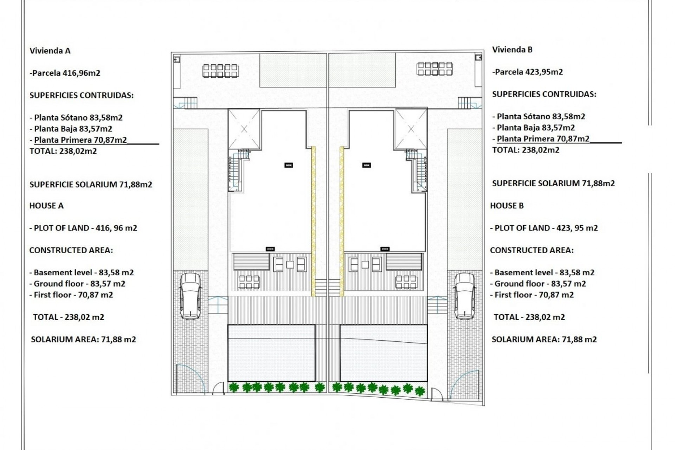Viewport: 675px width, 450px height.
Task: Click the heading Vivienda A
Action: pyautogui.click(x=50, y=51)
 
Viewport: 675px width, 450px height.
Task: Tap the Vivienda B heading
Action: pyautogui.click(x=512, y=50)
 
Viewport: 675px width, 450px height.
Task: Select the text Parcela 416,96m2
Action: pyautogui.click(x=65, y=73)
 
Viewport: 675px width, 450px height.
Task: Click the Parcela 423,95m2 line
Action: pyautogui.click(x=528, y=72)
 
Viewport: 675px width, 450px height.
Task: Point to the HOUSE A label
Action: pyautogui.click(x=46, y=206)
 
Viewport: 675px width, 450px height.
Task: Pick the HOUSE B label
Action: pyautogui.click(x=507, y=206)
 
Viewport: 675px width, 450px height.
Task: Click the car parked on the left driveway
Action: pyautogui.click(x=190, y=296)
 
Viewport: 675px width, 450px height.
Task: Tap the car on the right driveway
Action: pyautogui.click(x=464, y=296)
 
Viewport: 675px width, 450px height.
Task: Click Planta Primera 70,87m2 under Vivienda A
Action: pyautogui.click(x=80, y=140)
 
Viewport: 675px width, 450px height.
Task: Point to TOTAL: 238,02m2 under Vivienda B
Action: pyautogui.click(x=526, y=150)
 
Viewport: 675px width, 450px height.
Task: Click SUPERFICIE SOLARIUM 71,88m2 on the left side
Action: pyautogui.click(x=91, y=185)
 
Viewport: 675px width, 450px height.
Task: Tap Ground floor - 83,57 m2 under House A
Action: pyautogui.click(x=77, y=284)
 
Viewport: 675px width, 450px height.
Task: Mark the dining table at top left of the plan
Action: pyautogui.click(x=220, y=71)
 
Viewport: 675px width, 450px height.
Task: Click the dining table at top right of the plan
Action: pyautogui.click(x=435, y=69)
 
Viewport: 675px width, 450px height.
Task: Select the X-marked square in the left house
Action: pyautogui.click(x=244, y=129)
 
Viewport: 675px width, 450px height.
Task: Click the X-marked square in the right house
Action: pyautogui.click(x=411, y=129)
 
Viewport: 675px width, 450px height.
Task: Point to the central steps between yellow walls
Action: pyautogui.click(x=327, y=287)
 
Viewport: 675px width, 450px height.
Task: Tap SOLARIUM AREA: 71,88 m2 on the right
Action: pyautogui.click(x=544, y=339)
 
